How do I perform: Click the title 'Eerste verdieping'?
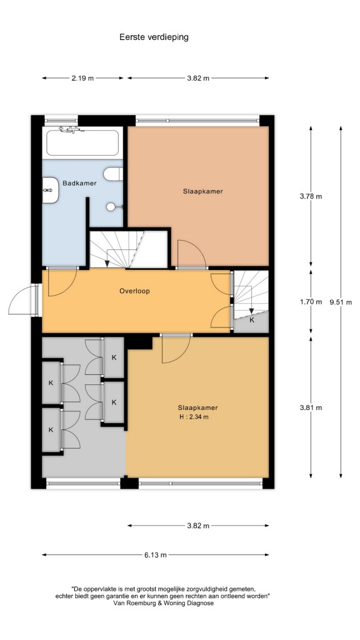[154, 37]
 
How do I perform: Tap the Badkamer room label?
[79, 183]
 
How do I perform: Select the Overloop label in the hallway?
[135, 291]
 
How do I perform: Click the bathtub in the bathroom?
[82, 142]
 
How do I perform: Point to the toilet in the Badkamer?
[113, 174]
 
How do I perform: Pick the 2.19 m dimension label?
[82, 78]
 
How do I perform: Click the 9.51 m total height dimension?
[341, 302]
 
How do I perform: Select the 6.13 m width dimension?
[156, 555]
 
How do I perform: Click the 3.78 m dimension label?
[311, 196]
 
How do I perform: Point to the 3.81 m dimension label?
[311, 407]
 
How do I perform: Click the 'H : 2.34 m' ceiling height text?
[194, 417]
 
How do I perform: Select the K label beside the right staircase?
[252, 320]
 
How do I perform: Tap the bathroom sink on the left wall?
[51, 190]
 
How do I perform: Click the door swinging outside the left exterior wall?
[24, 301]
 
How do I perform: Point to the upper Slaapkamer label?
[203, 191]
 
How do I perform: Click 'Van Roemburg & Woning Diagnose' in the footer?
[162, 603]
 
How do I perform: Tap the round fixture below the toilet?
[111, 207]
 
